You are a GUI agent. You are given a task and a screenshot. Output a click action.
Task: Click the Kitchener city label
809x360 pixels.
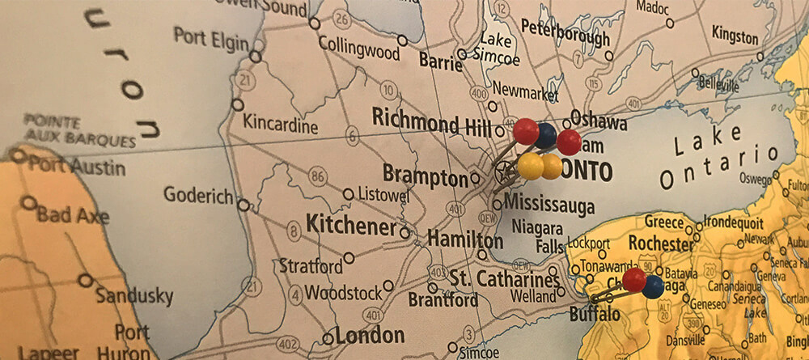pyautogui.click(x=350, y=227)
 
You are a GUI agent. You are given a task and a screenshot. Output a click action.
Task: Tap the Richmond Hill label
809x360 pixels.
pyautogui.click(x=431, y=122)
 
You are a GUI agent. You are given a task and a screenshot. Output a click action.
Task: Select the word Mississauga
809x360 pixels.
pyautogui.click(x=549, y=203)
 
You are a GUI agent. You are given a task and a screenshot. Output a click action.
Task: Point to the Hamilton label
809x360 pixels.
pyautogui.click(x=464, y=240)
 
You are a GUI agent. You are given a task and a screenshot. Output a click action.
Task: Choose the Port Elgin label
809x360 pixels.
pyautogui.click(x=210, y=37)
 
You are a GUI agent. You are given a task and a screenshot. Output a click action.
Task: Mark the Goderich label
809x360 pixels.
pyautogui.click(x=198, y=195)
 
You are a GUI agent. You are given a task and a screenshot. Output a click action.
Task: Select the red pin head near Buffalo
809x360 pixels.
pyautogui.click(x=634, y=280)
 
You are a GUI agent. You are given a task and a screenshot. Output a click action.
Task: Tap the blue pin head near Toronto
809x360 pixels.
pyautogui.click(x=545, y=135)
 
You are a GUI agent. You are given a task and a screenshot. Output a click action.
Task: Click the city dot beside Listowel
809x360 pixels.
pyautogui.click(x=348, y=194)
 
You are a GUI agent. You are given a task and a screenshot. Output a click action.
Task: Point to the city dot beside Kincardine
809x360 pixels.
pyautogui.click(x=237, y=104)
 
